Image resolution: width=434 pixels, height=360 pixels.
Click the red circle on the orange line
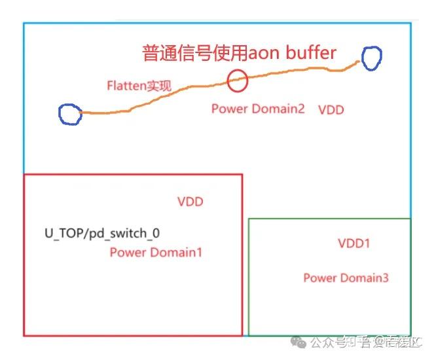coord(238,81)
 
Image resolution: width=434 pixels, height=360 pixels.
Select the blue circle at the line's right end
coord(371,58)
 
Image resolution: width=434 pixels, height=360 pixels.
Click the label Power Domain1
coord(156,252)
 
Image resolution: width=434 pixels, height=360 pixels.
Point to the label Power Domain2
coord(258,109)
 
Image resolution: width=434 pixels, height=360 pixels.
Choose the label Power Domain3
coord(346,278)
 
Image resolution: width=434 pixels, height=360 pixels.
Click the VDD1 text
coord(354,243)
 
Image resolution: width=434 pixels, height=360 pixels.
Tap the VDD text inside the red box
coord(190,202)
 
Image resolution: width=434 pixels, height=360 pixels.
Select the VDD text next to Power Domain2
coord(331,109)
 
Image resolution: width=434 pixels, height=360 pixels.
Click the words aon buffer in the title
coord(291,53)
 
